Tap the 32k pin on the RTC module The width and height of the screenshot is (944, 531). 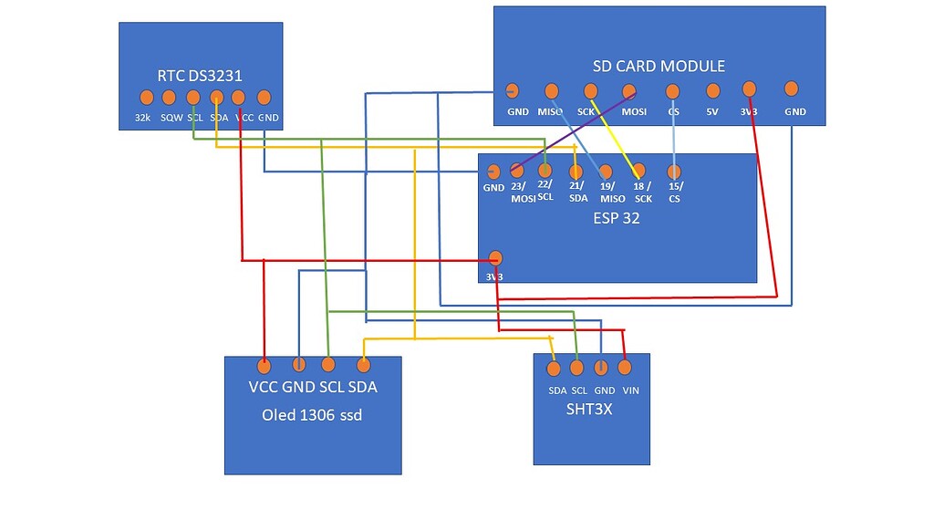point(146,98)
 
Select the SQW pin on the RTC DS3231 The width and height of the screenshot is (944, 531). point(169,98)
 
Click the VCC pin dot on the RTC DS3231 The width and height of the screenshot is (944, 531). point(238,97)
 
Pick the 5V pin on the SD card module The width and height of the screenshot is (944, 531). point(713,90)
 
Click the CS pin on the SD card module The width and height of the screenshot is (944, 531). point(672,91)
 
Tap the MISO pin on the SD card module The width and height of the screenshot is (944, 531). point(551,91)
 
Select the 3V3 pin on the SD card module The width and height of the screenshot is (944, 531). point(749,88)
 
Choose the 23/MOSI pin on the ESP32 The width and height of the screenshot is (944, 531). point(517,170)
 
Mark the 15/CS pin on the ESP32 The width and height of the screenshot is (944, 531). point(674,171)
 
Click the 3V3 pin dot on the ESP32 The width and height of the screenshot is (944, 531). point(495,257)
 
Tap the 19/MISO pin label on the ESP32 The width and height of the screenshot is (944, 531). point(612,193)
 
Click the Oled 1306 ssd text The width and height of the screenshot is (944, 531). point(312,416)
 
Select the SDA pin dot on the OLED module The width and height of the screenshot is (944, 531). point(363,365)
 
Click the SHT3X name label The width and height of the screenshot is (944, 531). point(589,410)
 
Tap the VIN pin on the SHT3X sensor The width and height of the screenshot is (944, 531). point(625,368)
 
